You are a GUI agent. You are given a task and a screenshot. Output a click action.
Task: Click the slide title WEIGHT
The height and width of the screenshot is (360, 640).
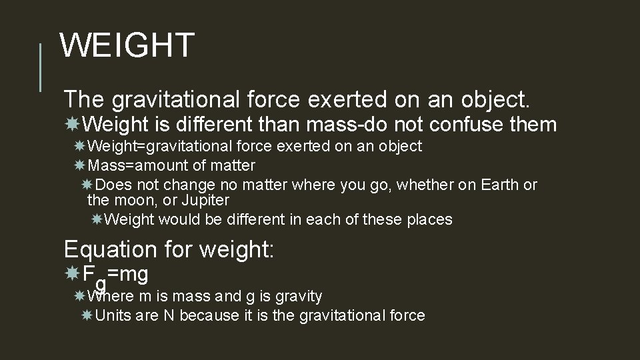coord(127,46)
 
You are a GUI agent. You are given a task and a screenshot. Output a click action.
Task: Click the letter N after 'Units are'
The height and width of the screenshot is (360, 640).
coord(169,315)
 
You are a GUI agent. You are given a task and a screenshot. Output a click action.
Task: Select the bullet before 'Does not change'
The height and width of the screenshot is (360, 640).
coord(87,184)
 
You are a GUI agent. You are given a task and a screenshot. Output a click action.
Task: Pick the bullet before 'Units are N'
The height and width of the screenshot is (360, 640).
coord(87,315)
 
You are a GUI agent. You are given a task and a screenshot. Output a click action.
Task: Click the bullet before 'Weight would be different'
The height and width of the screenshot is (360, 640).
coord(97,219)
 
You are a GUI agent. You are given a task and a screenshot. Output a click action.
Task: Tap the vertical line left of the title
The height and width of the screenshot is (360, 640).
coord(41,67)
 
